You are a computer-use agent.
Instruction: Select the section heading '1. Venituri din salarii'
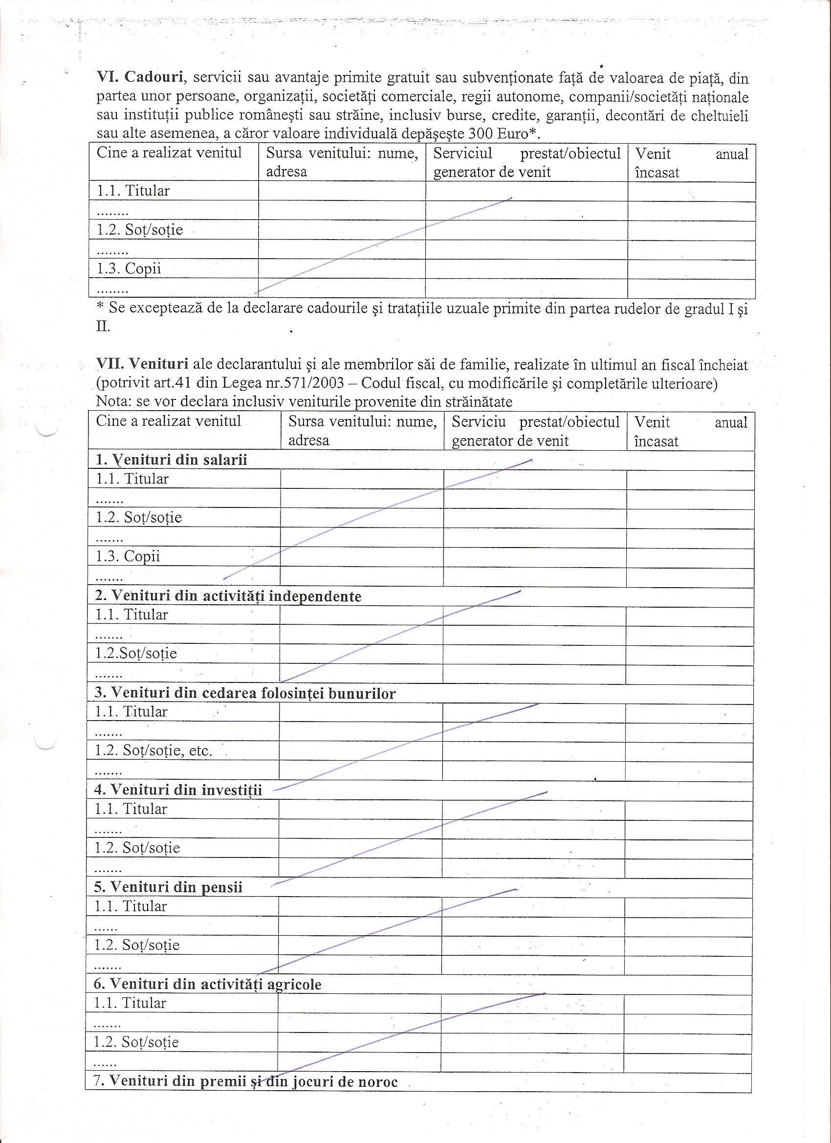pyautogui.click(x=172, y=460)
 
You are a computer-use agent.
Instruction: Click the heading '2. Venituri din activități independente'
pyautogui.click(x=228, y=596)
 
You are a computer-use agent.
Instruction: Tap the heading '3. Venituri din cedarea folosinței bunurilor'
pyautogui.click(x=245, y=693)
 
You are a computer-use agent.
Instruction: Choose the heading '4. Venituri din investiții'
pyautogui.click(x=178, y=790)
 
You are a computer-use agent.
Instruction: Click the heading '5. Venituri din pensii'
pyautogui.click(x=168, y=887)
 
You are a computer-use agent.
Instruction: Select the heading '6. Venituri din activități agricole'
pyautogui.click(x=207, y=984)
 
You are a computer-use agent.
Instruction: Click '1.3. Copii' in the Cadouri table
pyautogui.click(x=129, y=268)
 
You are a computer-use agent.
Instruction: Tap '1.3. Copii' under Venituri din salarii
pyautogui.click(x=128, y=556)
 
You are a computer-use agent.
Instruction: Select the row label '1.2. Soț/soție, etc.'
pyautogui.click(x=153, y=750)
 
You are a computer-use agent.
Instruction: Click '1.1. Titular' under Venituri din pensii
pyautogui.click(x=130, y=906)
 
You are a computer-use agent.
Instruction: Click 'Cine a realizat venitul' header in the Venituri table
pyautogui.click(x=168, y=421)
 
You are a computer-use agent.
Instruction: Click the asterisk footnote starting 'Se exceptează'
pyautogui.click(x=421, y=308)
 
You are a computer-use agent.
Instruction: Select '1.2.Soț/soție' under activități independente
pyautogui.click(x=136, y=653)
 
